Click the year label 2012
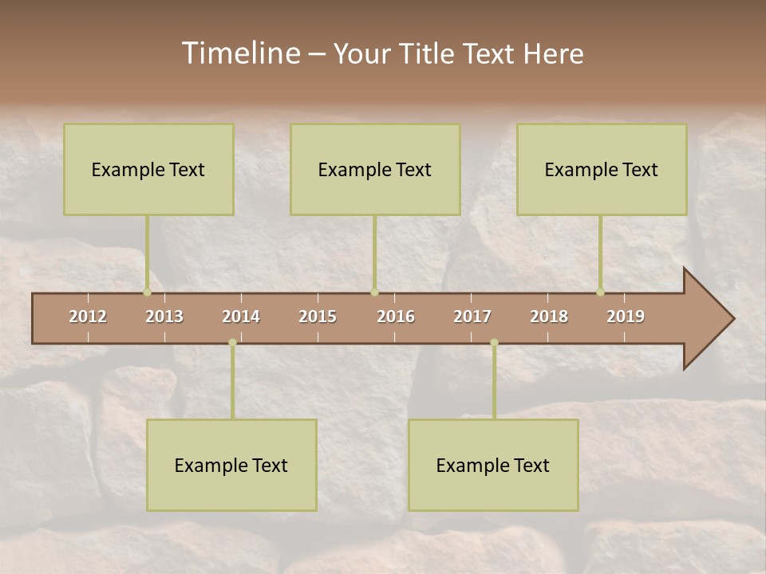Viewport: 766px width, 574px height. coord(88,316)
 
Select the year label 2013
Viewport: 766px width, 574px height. coord(164,316)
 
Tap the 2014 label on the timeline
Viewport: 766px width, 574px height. coord(241,316)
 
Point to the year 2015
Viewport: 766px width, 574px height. coord(318,316)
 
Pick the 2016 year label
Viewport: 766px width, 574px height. coord(396,316)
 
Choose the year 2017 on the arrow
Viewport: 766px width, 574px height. coord(472,316)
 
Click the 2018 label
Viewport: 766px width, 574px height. coord(549,316)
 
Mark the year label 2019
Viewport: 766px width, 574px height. coord(626,316)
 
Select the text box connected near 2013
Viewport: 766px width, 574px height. coord(148,169)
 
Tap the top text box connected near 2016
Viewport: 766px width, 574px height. coord(375,169)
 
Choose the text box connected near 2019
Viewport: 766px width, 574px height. coord(602,169)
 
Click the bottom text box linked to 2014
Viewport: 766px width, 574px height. coord(231,465)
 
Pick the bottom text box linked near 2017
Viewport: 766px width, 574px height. coord(493,465)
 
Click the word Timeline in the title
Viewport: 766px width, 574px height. coord(240,53)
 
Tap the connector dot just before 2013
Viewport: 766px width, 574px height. coord(147,292)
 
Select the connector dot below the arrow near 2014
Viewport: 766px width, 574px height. coord(232,343)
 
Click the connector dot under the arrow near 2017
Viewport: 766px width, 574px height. coord(494,343)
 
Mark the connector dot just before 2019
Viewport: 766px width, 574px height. coord(600,292)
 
